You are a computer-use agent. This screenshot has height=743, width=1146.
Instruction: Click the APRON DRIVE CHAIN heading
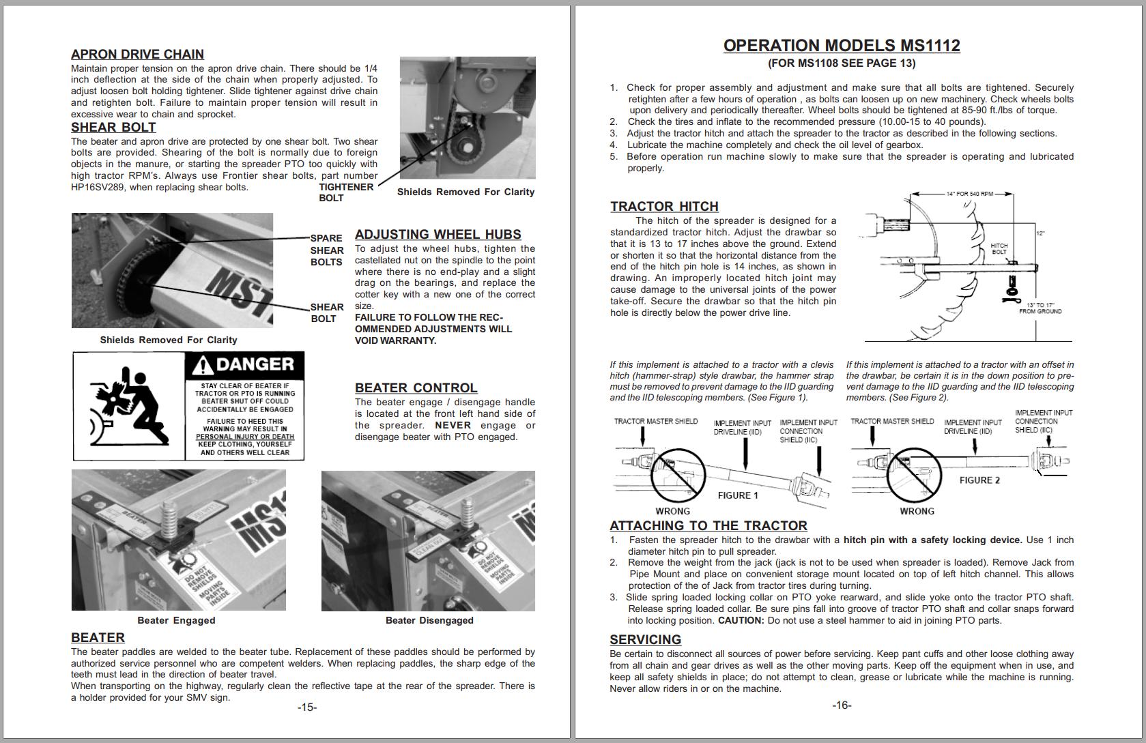[137, 55]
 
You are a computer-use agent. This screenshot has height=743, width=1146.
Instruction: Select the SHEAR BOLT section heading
[113, 128]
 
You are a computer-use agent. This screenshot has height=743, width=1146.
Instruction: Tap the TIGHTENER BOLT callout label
[345, 192]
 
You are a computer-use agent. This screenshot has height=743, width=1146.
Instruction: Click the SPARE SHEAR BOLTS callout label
[326, 250]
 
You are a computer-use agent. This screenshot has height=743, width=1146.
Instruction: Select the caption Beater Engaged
[176, 620]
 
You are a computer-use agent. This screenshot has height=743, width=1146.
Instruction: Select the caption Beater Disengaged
[429, 620]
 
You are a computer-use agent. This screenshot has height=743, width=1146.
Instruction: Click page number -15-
[307, 708]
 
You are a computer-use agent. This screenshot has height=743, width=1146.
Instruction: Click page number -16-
[842, 705]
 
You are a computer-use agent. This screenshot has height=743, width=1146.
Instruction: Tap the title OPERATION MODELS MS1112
[842, 46]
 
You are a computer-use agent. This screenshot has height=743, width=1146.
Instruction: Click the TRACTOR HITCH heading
[664, 207]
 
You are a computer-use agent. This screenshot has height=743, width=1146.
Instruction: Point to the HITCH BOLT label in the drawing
[999, 248]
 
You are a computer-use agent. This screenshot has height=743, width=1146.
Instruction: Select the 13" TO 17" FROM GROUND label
[1040, 308]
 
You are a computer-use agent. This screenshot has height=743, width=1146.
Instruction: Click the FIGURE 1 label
[738, 495]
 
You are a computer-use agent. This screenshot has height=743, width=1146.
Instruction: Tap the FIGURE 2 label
[979, 480]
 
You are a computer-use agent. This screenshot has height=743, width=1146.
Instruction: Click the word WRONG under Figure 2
[917, 512]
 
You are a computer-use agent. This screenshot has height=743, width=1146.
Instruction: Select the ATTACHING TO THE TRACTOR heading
[708, 526]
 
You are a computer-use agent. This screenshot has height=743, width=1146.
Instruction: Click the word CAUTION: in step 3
[741, 621]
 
